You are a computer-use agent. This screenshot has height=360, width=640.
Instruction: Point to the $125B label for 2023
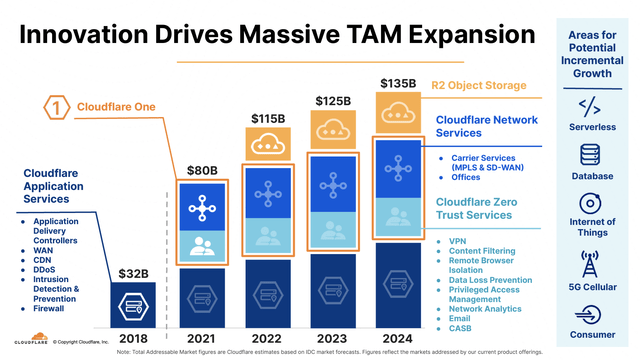coord(333,101)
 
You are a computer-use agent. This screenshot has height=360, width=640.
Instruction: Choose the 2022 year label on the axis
coord(267,338)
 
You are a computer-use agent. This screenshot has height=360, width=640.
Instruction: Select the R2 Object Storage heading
coord(480,86)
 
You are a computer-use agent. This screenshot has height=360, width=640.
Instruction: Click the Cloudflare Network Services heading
coord(486,126)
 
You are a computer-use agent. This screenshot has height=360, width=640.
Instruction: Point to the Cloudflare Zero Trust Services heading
coord(488,208)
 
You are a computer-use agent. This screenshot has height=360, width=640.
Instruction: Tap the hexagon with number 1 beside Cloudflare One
coord(58,105)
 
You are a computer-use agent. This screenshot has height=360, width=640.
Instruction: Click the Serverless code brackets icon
coord(591,106)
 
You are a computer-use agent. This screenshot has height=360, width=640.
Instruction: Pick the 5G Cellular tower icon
coord(591,264)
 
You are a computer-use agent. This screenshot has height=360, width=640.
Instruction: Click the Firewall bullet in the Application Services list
coord(51,309)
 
